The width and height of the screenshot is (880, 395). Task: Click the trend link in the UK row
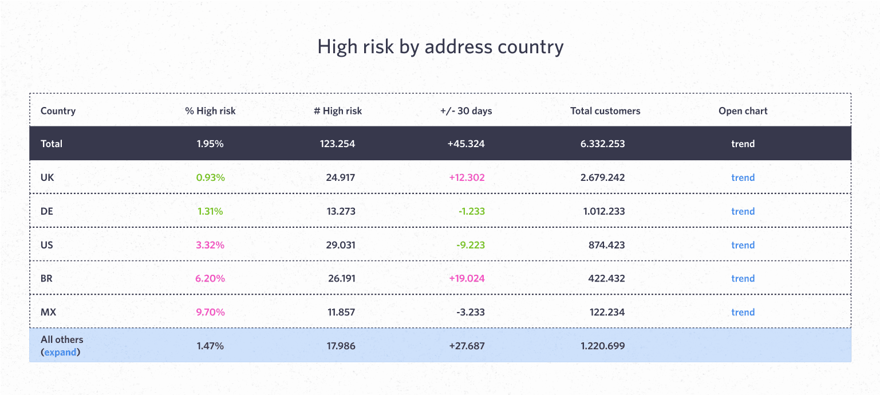743,177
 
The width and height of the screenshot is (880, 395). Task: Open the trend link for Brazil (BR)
743,279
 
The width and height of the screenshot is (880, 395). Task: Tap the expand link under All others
60,352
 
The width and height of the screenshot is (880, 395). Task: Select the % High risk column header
210,111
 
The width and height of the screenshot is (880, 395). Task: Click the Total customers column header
605,111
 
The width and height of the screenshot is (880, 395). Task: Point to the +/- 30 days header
466,111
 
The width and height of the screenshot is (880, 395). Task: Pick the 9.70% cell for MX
210,313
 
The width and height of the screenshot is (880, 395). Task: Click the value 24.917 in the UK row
340,177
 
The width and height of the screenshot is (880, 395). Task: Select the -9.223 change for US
471,245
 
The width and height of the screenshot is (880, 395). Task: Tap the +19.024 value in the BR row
467,279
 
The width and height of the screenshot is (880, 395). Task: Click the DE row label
47,211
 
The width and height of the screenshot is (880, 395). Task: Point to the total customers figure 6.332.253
602,144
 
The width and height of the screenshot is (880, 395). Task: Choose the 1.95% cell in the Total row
210,144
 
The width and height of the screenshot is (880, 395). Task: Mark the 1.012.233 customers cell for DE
604,211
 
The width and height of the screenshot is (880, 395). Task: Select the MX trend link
743,313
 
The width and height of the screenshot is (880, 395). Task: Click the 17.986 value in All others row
340,346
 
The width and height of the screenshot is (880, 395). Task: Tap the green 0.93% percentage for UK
210,177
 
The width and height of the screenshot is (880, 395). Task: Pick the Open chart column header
743,111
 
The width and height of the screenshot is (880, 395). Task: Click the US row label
47,245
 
